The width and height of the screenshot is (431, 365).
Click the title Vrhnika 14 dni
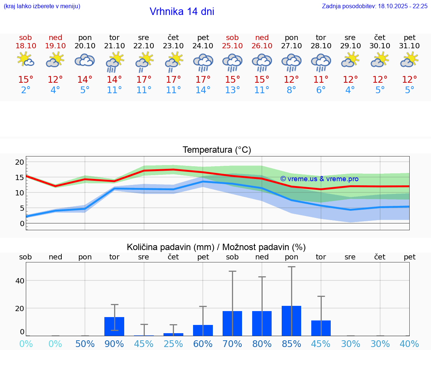182,12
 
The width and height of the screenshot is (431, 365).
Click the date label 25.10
232,46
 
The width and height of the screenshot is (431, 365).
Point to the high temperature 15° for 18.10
25,80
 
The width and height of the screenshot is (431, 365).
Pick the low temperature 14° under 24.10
203,90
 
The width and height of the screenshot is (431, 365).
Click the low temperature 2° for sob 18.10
25,90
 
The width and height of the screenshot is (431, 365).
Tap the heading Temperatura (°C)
217,150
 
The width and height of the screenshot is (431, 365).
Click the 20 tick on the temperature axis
19,162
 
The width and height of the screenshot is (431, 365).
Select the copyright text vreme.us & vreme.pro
319,179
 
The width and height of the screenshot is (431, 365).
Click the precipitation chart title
216,247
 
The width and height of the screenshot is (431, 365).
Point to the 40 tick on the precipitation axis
19,280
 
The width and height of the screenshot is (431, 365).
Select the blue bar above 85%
291,321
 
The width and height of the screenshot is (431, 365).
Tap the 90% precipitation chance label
114,344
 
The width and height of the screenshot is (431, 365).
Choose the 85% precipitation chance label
291,344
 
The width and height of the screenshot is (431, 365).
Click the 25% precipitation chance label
173,344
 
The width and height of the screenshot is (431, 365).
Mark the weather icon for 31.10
409,60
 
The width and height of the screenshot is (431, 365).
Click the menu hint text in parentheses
42,6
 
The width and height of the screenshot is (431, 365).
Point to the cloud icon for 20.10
85,60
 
